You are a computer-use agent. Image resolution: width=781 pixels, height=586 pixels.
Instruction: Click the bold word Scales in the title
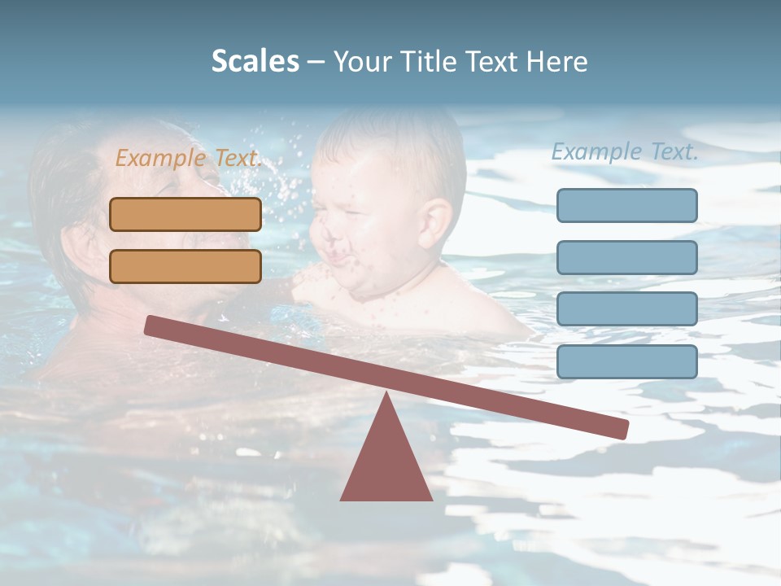pyautogui.click(x=255, y=61)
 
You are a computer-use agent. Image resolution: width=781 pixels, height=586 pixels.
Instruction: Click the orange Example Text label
pyautogui.click(x=188, y=158)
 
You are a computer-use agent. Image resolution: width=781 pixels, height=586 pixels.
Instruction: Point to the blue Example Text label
pyautogui.click(x=625, y=151)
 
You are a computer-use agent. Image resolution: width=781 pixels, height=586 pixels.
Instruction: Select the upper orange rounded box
pyautogui.click(x=185, y=214)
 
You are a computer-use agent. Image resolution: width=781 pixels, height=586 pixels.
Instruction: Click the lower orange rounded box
pyautogui.click(x=185, y=266)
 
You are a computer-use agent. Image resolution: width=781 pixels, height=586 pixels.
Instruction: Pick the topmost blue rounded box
pyautogui.click(x=626, y=205)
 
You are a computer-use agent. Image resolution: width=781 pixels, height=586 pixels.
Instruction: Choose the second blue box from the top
pyautogui.click(x=626, y=257)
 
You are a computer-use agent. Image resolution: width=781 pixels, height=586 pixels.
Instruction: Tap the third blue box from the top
pyautogui.click(x=626, y=308)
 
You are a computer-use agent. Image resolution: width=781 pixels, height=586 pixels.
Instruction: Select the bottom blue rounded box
pyautogui.click(x=626, y=361)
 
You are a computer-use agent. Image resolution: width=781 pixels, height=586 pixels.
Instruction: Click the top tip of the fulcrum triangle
pyautogui.click(x=386, y=396)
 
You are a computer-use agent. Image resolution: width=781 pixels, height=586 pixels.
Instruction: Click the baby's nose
pyautogui.click(x=331, y=236)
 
